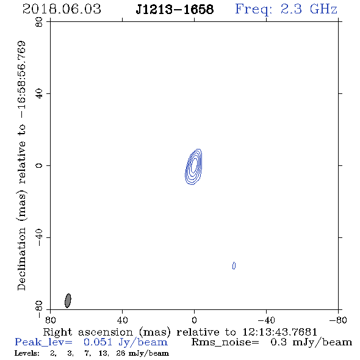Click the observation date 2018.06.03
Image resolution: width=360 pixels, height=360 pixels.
(x=62, y=9)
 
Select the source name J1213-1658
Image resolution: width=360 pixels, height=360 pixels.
(x=175, y=10)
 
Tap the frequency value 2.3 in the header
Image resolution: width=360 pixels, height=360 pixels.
(x=291, y=9)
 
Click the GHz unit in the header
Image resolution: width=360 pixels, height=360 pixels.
(x=323, y=9)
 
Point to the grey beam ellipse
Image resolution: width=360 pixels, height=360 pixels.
(x=68, y=301)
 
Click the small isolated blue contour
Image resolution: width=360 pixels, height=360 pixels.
(x=234, y=265)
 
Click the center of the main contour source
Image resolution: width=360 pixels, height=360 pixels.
(x=194, y=167)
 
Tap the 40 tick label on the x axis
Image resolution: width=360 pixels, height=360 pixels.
(x=122, y=320)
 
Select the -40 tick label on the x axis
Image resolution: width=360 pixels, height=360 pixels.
(x=266, y=320)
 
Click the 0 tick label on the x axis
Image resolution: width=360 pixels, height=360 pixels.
(x=194, y=320)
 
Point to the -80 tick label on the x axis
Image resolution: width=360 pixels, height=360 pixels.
(x=338, y=320)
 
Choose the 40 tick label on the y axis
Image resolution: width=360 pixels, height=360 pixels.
(x=39, y=94)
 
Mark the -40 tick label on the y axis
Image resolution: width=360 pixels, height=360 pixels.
(x=39, y=237)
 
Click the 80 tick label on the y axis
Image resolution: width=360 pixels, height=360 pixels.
(x=39, y=22)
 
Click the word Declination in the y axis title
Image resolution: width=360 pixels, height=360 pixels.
(x=21, y=259)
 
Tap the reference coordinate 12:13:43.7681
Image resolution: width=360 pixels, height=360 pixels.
(x=280, y=332)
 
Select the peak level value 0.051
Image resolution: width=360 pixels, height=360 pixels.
(x=98, y=342)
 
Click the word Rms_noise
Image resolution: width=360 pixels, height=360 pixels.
(x=225, y=342)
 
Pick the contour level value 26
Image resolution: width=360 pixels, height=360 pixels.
(x=121, y=353)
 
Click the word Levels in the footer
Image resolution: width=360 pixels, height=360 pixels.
(x=27, y=353)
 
